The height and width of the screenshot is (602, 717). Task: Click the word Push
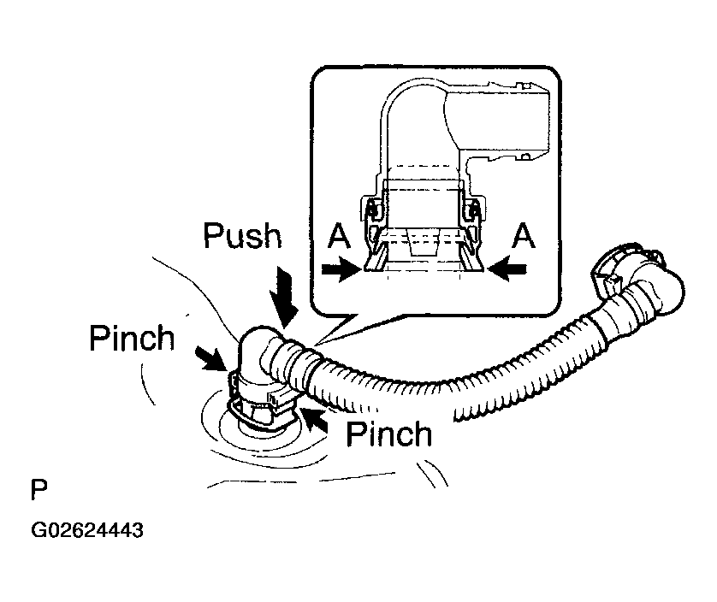click(242, 236)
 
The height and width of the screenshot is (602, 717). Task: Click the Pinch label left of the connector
click(132, 339)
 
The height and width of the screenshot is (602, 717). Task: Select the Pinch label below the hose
click(389, 434)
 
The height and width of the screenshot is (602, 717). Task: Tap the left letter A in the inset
click(339, 236)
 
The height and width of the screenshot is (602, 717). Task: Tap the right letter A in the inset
click(524, 236)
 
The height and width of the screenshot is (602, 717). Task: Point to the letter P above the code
click(39, 490)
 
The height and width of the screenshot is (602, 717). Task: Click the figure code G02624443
click(87, 530)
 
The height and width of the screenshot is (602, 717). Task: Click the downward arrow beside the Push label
click(284, 297)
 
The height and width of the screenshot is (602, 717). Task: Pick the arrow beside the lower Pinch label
click(317, 420)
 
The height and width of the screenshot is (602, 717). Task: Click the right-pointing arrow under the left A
click(341, 269)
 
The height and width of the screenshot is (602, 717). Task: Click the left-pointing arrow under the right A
click(507, 269)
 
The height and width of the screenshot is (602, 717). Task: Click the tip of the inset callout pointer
click(315, 344)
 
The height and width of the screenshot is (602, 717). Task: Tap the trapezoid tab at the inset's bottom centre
click(423, 243)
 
